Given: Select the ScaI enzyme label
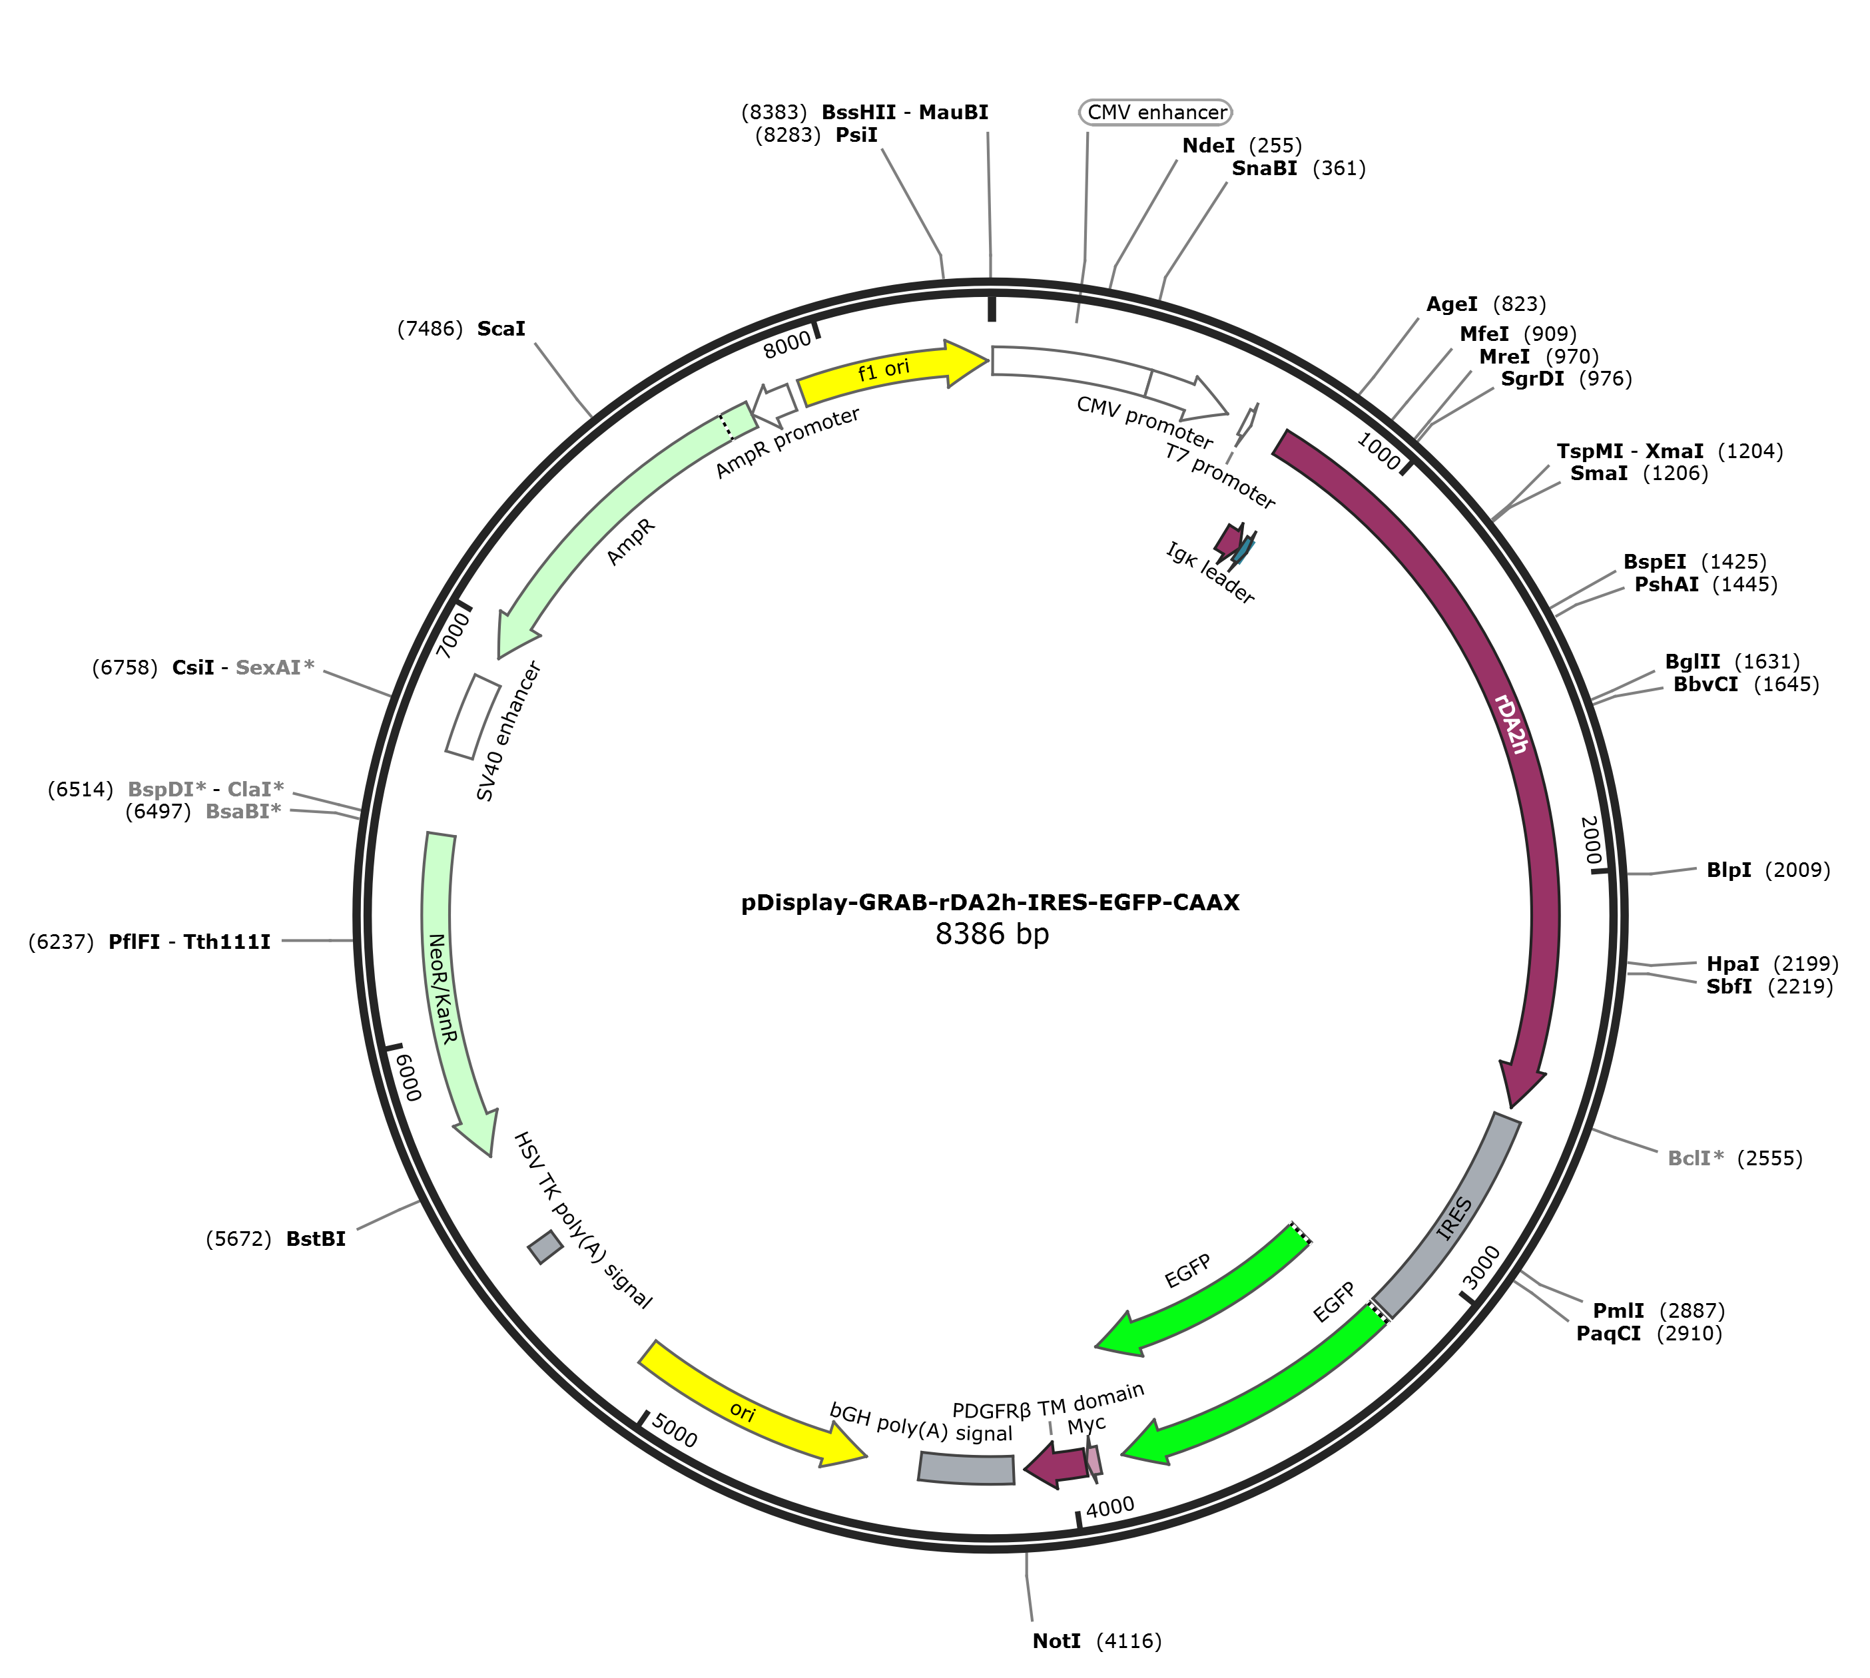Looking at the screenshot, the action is click(x=501, y=328).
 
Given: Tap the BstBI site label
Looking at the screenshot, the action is click(x=316, y=1239).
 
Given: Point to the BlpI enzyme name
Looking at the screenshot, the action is click(x=1729, y=870).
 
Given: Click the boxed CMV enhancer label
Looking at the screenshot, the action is click(x=1156, y=112).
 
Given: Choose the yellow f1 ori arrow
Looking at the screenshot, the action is click(x=892, y=372).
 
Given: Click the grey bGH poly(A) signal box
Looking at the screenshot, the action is click(x=966, y=1468).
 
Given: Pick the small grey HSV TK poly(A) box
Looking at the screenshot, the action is click(x=545, y=1247).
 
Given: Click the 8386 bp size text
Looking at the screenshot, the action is click(x=992, y=934).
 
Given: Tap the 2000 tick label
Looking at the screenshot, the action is click(x=1590, y=840).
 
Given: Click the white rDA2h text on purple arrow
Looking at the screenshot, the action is click(x=1511, y=724).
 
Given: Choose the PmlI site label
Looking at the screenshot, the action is click(x=1618, y=1310).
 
